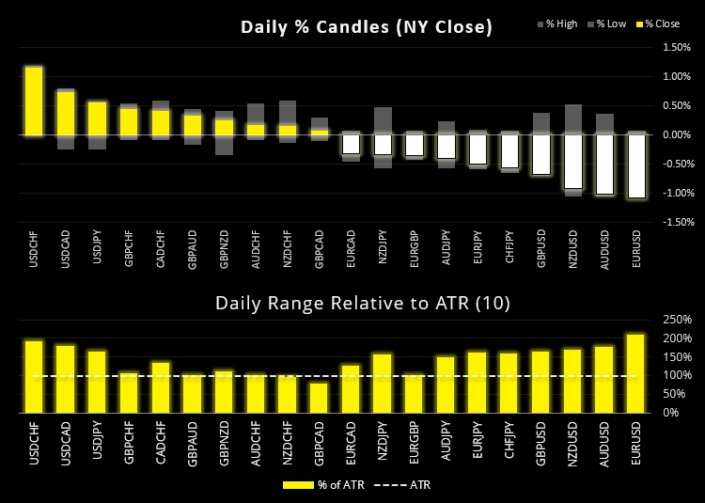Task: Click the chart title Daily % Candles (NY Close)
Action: (366, 27)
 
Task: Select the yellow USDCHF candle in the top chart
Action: (34, 101)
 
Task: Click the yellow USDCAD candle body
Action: (66, 113)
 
